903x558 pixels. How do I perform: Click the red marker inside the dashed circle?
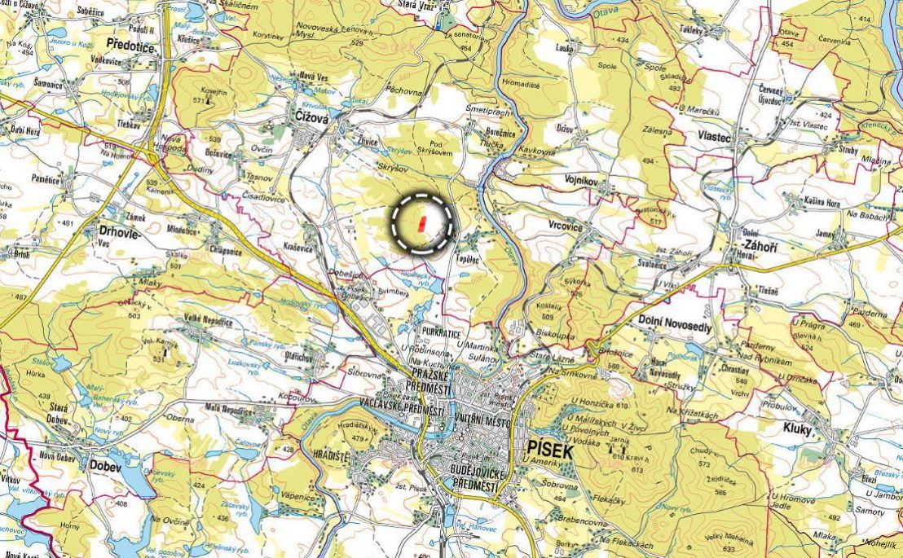[x=421, y=224]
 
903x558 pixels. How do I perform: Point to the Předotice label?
[x=130, y=48]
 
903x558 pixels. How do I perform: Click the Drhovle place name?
[x=119, y=231]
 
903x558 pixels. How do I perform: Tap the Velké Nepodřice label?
[x=209, y=322]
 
